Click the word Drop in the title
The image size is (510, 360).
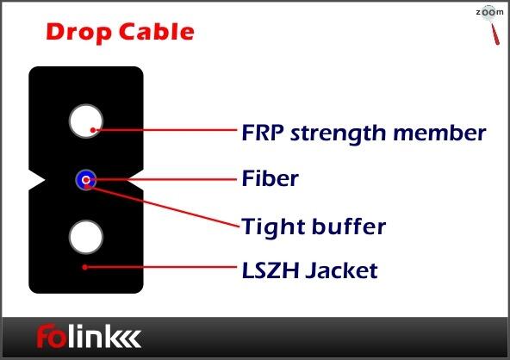click(x=79, y=33)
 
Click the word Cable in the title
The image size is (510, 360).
click(x=157, y=32)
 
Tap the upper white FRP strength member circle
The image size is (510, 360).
click(x=86, y=121)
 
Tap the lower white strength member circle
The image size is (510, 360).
click(x=86, y=237)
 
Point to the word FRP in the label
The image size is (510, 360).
click(x=263, y=133)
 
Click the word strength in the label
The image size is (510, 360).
click(x=339, y=134)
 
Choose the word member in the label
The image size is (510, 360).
click(x=439, y=133)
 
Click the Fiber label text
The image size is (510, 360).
click(x=271, y=178)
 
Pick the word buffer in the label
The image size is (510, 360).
click(x=349, y=226)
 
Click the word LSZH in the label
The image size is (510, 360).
click(x=271, y=270)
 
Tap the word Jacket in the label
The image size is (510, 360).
click(x=341, y=271)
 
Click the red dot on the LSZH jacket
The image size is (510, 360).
click(x=84, y=267)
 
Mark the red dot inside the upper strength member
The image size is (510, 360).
click(x=93, y=130)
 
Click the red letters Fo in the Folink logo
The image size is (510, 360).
click(x=52, y=336)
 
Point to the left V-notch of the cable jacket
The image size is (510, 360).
click(x=37, y=180)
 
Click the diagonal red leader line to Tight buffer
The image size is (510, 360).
click(x=164, y=206)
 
